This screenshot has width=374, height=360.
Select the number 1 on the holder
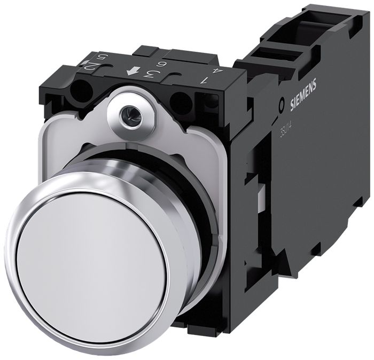coord(204,81)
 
